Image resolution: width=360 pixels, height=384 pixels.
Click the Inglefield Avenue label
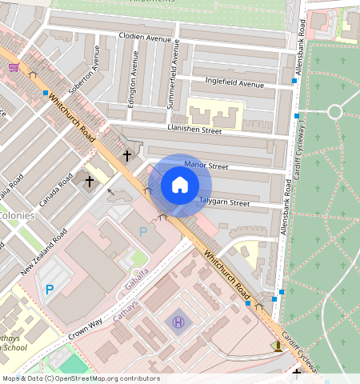click(234, 84)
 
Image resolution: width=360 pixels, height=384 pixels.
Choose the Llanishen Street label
click(194, 129)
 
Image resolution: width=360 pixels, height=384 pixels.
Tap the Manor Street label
click(206, 166)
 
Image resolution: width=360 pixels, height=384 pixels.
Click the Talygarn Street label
click(224, 203)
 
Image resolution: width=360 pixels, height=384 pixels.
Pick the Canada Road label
click(55, 187)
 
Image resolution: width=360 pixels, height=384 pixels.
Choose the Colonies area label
click(18, 215)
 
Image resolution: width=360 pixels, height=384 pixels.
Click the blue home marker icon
click(180, 185)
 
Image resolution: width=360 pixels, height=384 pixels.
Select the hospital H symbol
click(178, 322)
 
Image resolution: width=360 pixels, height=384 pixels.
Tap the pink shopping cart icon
click(14, 67)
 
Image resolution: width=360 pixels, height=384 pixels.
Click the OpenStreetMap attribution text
click(80, 378)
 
